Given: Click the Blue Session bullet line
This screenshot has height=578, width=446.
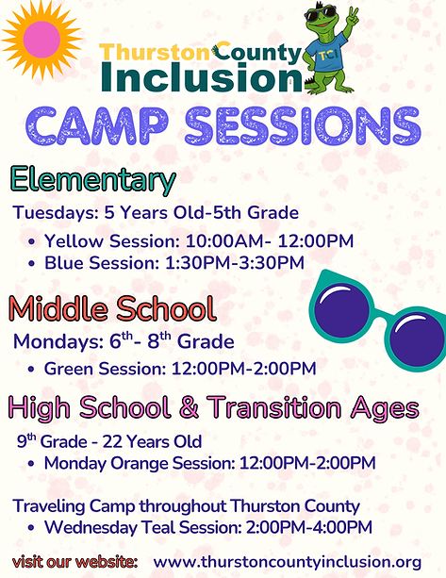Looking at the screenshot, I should point(174,262).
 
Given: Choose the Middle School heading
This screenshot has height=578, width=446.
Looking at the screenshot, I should point(113,308).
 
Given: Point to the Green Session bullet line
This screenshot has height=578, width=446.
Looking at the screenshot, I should point(179,367).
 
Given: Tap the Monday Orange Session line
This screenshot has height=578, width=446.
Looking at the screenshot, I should point(209,463).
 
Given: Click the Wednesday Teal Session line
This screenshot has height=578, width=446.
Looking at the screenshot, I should point(207,526).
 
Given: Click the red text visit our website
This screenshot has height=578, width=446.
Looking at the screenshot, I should point(74,561).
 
